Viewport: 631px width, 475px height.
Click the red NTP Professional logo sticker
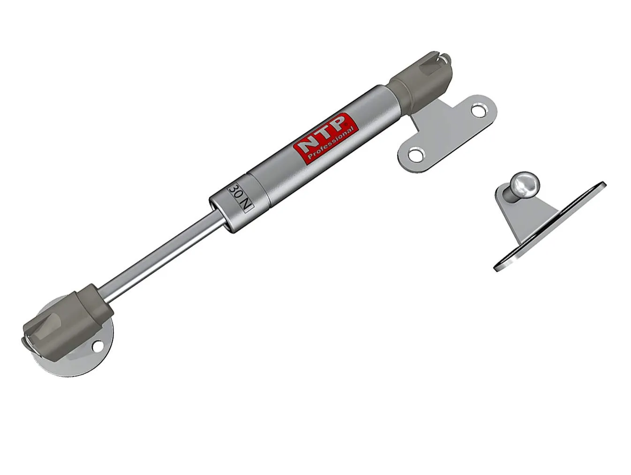[x=326, y=139]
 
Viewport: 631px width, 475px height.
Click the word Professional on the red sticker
[x=331, y=144]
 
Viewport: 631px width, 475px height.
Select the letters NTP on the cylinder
[x=321, y=133]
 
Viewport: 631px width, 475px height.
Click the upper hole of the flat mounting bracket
[x=479, y=111]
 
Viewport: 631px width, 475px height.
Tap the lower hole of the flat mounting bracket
[x=416, y=155]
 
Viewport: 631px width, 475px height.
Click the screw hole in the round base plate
[x=98, y=346]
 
